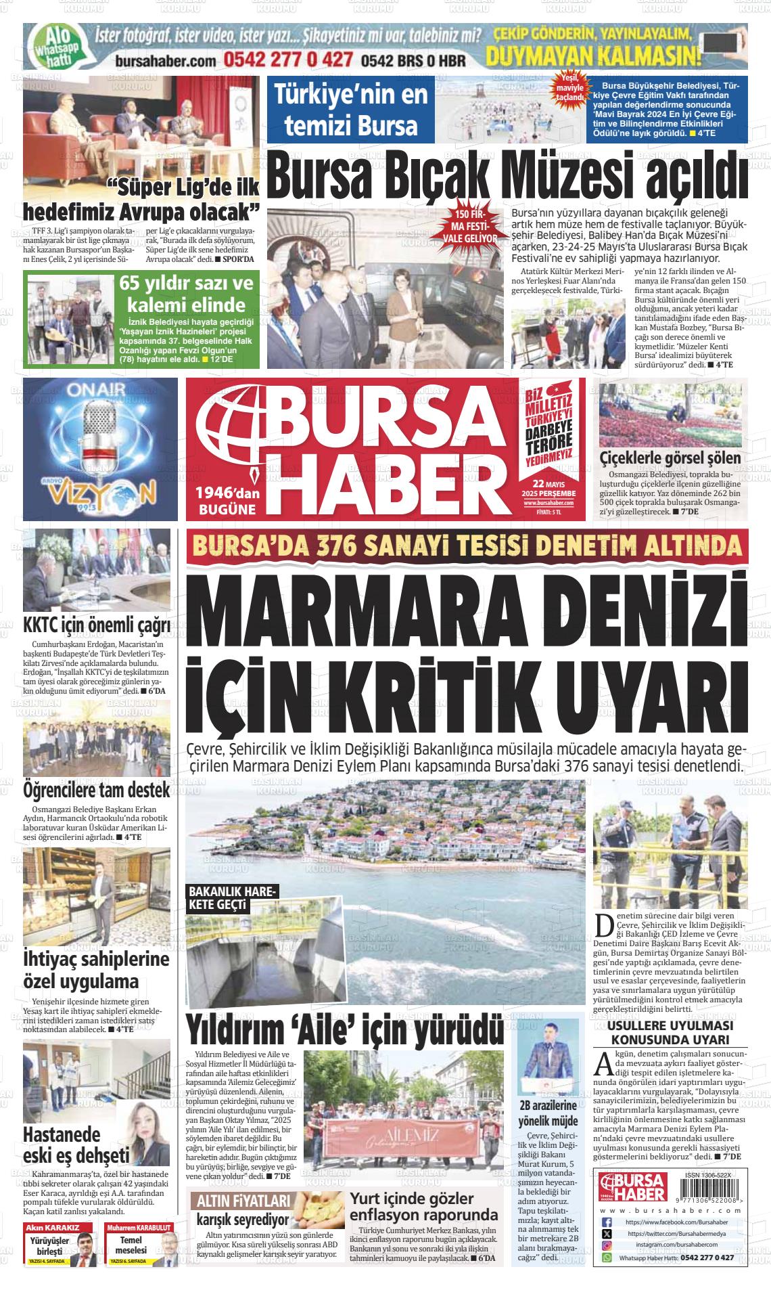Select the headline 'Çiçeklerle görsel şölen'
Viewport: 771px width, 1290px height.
[670, 458]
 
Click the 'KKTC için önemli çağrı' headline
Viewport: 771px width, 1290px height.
[96, 623]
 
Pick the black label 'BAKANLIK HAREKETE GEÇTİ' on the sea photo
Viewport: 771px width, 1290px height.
[232, 897]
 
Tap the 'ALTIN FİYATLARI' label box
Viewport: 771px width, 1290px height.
[241, 1201]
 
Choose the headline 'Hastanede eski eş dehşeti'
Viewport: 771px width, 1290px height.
[76, 1143]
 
